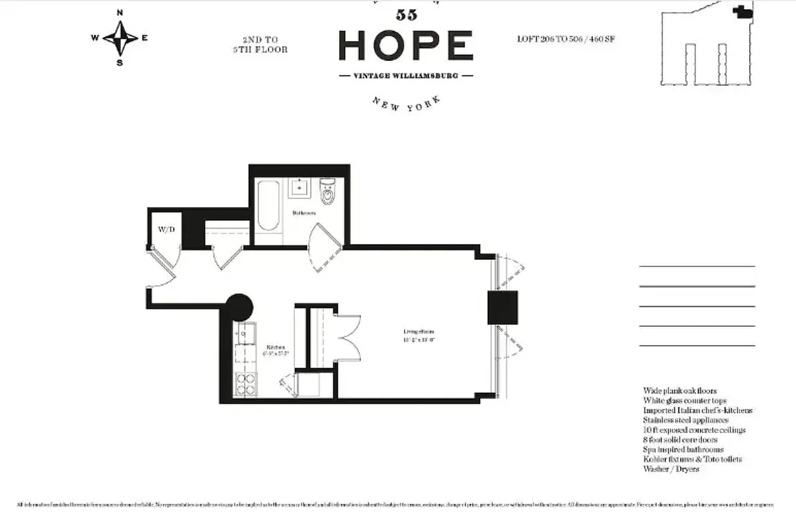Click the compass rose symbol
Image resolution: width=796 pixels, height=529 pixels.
click(x=120, y=37)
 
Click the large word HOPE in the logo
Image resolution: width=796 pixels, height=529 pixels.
click(x=405, y=46)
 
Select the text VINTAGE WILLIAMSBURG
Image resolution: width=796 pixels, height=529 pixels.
click(x=406, y=76)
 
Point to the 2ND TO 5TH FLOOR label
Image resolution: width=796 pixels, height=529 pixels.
click(x=264, y=44)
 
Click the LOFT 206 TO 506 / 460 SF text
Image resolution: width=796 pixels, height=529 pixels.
click(x=567, y=39)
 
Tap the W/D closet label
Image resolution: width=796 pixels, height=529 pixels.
click(x=165, y=229)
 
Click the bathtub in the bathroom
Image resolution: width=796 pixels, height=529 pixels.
click(x=268, y=204)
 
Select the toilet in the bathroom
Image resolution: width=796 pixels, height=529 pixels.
click(x=328, y=192)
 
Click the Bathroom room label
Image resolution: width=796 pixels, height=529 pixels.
click(x=304, y=213)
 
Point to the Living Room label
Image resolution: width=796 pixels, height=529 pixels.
click(x=419, y=332)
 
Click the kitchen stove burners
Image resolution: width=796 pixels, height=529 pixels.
click(x=246, y=384)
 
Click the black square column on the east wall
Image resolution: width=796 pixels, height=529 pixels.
click(x=502, y=307)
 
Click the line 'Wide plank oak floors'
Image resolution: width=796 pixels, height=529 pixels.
click(x=680, y=391)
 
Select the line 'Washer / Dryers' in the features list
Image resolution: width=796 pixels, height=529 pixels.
click(x=670, y=469)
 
